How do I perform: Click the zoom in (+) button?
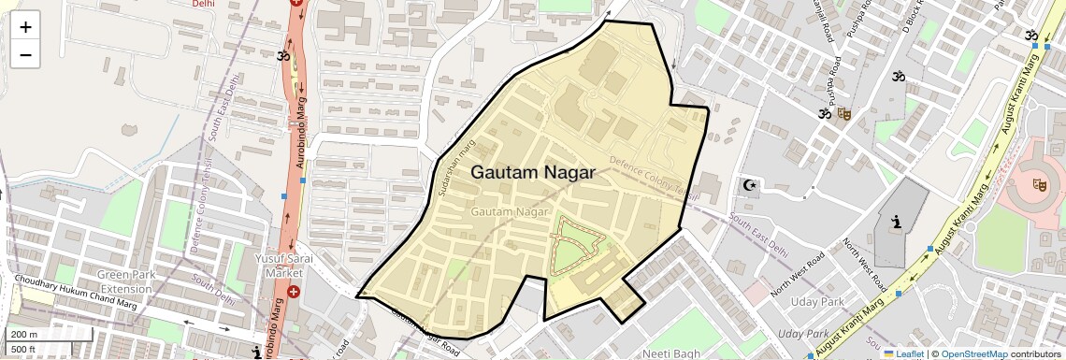(25, 27)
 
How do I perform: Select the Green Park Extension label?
(137, 281)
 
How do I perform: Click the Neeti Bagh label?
(670, 353)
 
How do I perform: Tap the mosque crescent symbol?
(748, 185)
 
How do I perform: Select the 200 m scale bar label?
(22, 335)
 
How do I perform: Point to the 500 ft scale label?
(22, 350)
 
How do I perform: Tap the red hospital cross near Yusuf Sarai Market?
(294, 292)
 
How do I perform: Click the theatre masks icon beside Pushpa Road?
(843, 114)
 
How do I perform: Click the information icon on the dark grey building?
(898, 223)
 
